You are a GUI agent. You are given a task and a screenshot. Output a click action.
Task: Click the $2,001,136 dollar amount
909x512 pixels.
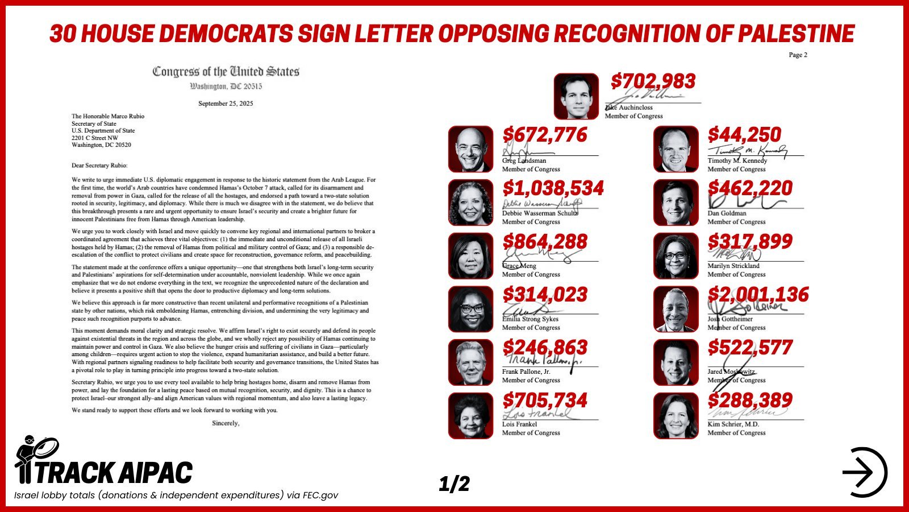coord(758,295)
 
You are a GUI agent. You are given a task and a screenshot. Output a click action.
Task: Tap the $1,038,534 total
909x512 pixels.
coord(553,188)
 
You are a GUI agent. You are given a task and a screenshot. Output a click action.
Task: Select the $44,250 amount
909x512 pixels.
coord(744,135)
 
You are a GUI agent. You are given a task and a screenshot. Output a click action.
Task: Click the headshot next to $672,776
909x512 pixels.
coord(470,149)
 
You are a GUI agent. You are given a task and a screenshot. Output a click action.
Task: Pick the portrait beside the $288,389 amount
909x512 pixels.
coord(676,416)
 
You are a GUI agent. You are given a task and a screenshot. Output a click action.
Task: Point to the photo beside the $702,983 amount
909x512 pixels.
coord(576,96)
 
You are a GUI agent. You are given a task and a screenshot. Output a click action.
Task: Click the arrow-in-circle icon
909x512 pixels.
coord(864,472)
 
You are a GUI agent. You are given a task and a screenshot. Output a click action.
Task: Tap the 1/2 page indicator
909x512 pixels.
coord(454,484)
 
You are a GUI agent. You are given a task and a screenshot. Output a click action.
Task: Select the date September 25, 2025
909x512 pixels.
coord(226,104)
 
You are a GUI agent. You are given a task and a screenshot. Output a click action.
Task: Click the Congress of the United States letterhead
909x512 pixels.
coord(226,72)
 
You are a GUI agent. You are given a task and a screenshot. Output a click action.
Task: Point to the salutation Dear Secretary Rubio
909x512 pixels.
coord(99,166)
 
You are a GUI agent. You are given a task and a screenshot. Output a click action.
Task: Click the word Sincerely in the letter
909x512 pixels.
coord(226,423)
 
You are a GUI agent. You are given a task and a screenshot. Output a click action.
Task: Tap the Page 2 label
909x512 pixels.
coord(798,55)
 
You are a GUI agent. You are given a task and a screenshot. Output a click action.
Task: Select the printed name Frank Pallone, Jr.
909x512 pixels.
coord(526,371)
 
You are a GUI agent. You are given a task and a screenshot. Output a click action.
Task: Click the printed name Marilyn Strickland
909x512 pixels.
coord(733,266)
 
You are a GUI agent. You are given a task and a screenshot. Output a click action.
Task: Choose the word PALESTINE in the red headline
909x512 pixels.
coord(795,34)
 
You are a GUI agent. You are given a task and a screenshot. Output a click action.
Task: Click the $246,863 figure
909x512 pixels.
coord(545,348)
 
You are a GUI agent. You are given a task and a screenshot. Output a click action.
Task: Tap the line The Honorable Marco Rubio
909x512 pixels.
coord(108,116)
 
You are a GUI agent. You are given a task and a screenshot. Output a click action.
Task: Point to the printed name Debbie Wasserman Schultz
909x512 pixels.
coord(540,213)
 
